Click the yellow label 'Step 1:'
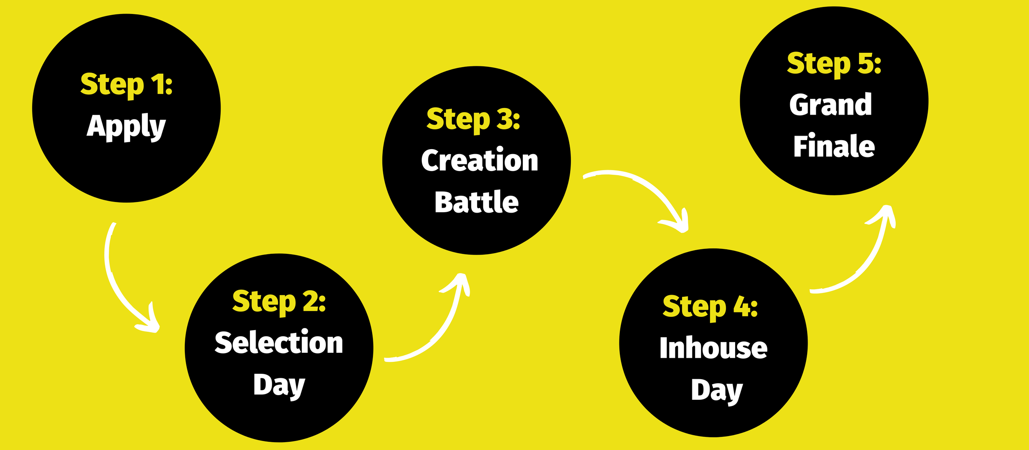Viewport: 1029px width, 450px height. point(126,84)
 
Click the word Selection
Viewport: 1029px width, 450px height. point(279,342)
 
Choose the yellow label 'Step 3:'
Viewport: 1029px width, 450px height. point(473,119)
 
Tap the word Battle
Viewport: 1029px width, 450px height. point(477,202)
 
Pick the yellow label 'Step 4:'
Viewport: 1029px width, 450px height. point(710,307)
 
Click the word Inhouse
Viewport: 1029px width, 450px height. point(713,348)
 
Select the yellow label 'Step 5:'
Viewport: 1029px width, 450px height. point(834,63)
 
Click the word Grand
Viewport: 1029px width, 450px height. point(831,105)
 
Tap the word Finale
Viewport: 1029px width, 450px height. point(834,146)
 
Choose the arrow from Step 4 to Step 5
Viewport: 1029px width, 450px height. point(864,264)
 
